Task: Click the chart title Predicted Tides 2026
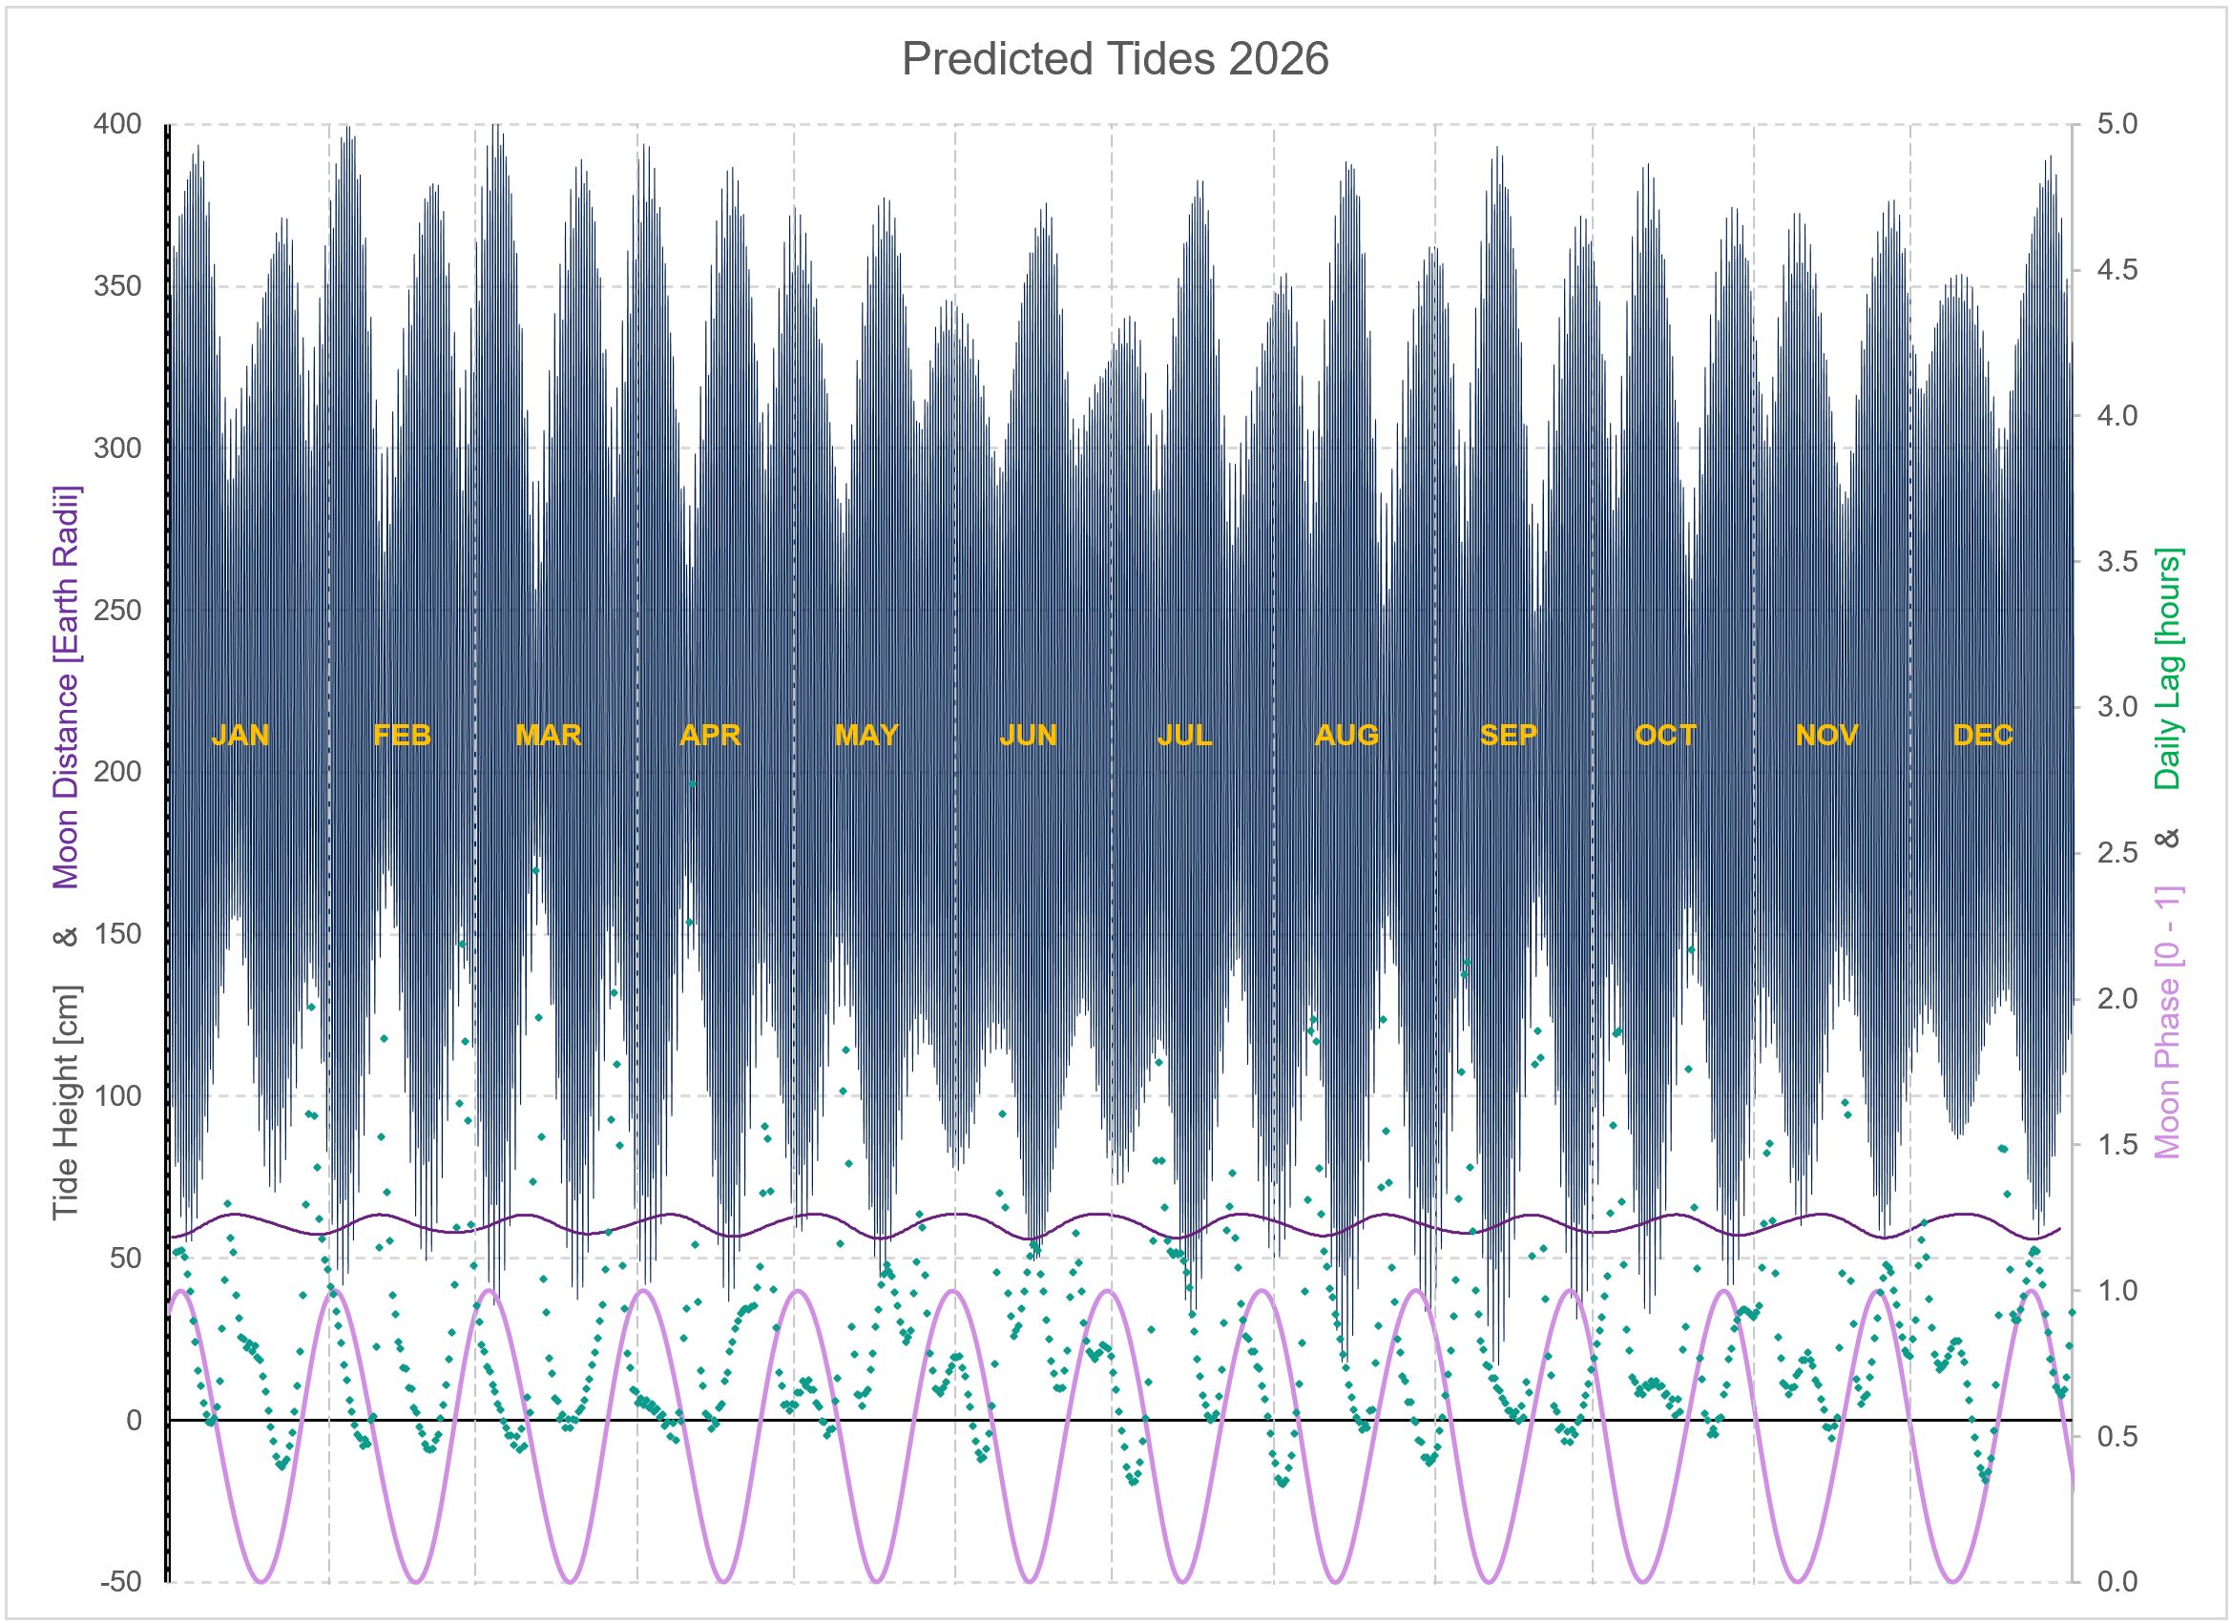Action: (x=1115, y=60)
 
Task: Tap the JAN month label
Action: (x=240, y=736)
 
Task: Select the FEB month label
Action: (x=402, y=736)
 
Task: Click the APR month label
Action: (x=710, y=736)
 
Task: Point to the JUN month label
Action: (x=1029, y=736)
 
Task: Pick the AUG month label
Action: (x=1346, y=736)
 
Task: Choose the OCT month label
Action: (x=1665, y=736)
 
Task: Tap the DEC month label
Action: (x=1983, y=736)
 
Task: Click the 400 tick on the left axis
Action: (x=118, y=125)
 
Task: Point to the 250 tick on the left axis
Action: (x=118, y=612)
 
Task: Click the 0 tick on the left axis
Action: (x=133, y=1421)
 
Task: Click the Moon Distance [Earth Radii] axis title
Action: (x=66, y=687)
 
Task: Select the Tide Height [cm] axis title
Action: (x=66, y=1102)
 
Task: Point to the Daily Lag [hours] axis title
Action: (x=2168, y=669)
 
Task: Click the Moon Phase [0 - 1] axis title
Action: (x=2168, y=1024)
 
